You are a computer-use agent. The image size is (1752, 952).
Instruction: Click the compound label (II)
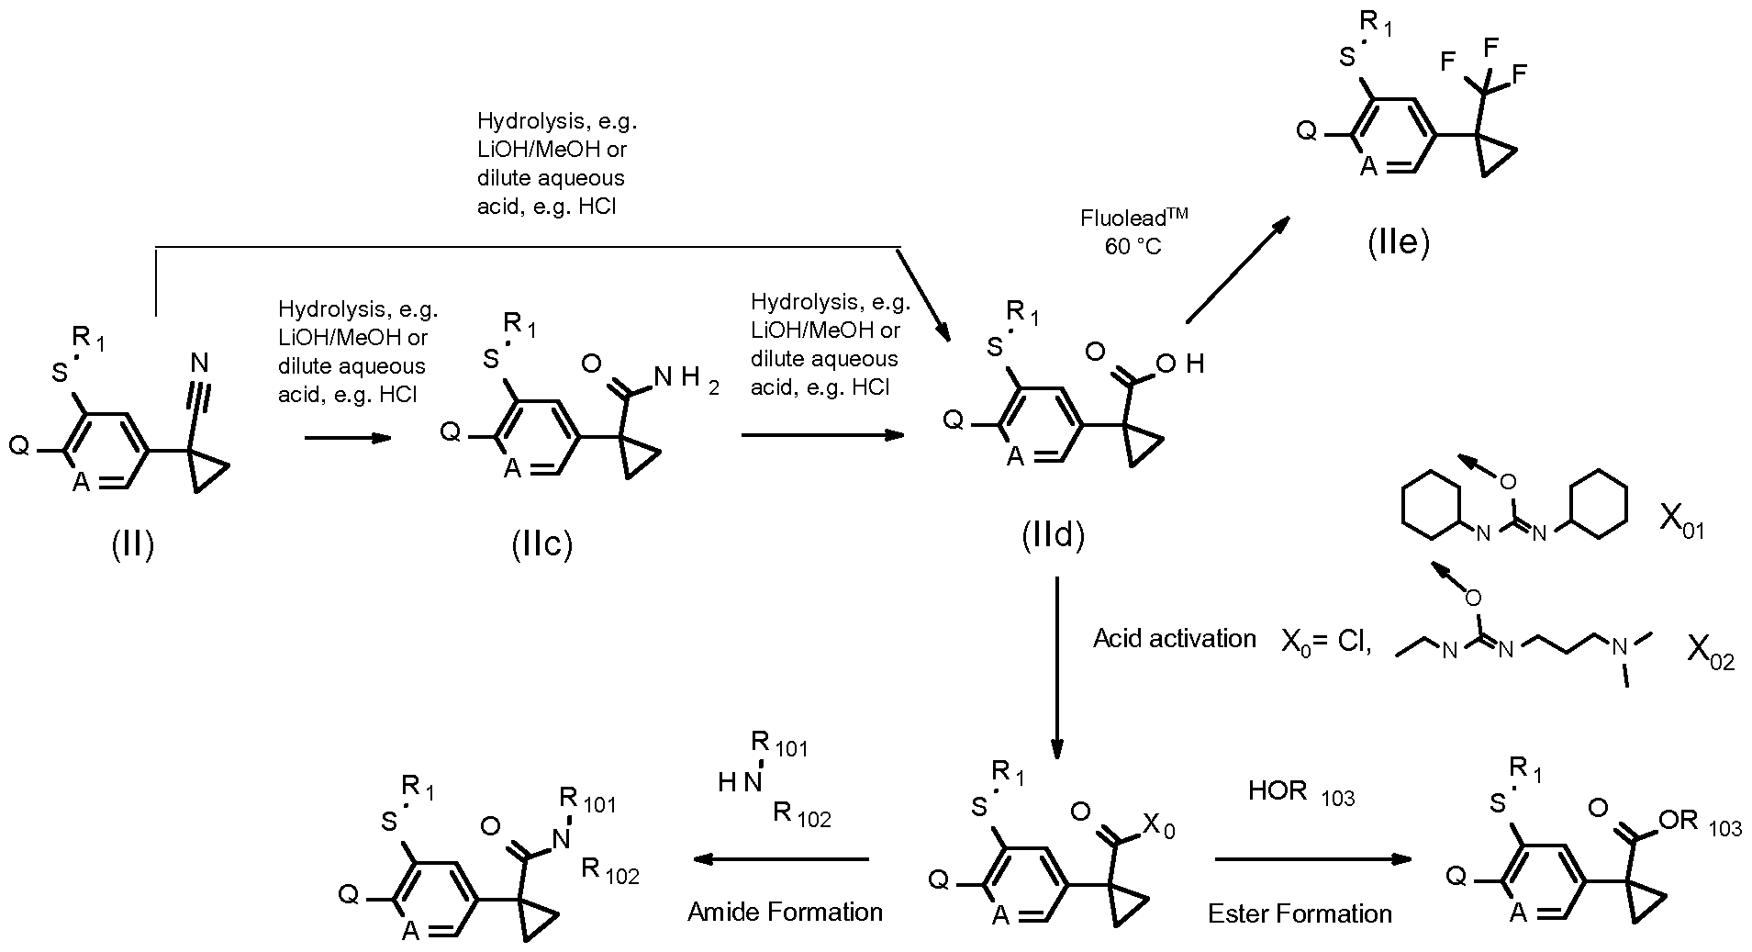[x=133, y=545]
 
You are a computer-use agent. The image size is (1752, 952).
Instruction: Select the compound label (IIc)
[x=542, y=544]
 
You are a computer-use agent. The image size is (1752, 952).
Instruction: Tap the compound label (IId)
[x=1054, y=537]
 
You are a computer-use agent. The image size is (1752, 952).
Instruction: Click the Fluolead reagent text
[x=1133, y=218]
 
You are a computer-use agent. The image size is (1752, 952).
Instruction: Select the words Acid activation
[x=1174, y=639]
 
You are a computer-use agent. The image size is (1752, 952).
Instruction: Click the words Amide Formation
[x=786, y=912]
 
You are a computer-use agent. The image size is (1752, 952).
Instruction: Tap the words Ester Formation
[x=1300, y=913]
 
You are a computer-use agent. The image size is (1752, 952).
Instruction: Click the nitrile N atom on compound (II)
[x=200, y=364]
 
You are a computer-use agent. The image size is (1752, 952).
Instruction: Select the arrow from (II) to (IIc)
[x=347, y=439]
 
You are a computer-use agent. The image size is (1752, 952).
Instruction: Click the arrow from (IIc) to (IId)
[x=822, y=435]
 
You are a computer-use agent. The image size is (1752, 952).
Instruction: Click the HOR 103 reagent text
[x=1300, y=792]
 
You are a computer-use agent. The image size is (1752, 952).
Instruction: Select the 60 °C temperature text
[x=1133, y=247]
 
